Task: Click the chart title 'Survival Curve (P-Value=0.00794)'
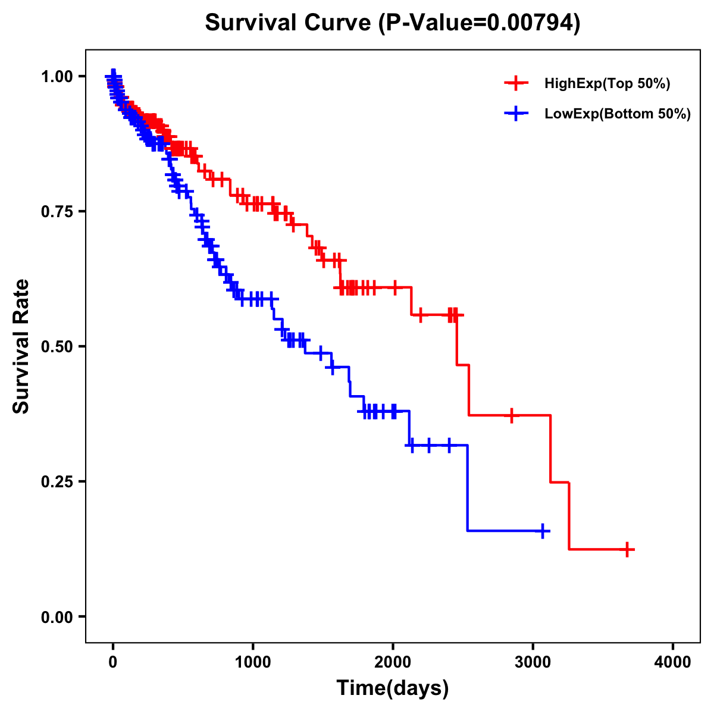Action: pos(392,23)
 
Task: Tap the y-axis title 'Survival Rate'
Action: pos(21,346)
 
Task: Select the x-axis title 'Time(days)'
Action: pos(393,688)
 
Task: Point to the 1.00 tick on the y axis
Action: pos(57,77)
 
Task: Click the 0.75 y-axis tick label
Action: pos(57,212)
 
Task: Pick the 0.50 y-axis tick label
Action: pos(57,347)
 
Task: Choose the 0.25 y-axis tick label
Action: pos(57,482)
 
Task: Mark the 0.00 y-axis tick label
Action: pos(57,617)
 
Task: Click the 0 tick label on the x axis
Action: pos(113,662)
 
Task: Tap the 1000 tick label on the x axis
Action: pos(253,662)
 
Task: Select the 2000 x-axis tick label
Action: pos(393,662)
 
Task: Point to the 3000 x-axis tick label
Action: pos(533,662)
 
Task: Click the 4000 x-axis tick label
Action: pos(673,662)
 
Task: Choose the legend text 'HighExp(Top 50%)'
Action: pos(607,84)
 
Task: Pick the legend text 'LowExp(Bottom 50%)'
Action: pos(618,114)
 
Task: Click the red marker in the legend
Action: pos(516,83)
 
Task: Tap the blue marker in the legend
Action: pos(516,114)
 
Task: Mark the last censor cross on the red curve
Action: pos(627,549)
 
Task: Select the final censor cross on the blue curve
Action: pos(543,531)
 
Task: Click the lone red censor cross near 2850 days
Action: pos(511,415)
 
